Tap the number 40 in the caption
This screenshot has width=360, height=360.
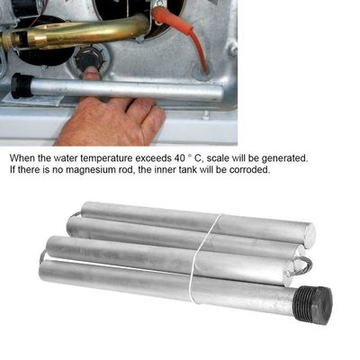[179, 157]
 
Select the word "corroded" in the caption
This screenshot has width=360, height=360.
[249, 169]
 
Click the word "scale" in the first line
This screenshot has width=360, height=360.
[216, 157]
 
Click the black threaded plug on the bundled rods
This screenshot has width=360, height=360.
[314, 298]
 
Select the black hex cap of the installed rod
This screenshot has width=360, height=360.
[21, 85]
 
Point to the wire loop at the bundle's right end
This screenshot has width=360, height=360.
[303, 263]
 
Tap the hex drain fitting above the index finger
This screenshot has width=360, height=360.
[90, 58]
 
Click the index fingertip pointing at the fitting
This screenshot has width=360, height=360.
[91, 74]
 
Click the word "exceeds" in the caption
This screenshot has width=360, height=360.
[153, 157]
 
